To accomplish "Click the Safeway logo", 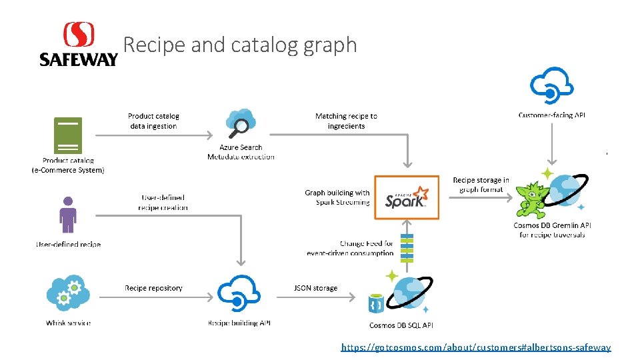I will (78, 45).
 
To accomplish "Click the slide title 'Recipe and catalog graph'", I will (241, 45).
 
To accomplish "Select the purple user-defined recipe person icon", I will (68, 215).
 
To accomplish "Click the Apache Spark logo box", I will (407, 197).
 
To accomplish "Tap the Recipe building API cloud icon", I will (239, 293).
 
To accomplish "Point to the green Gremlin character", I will (537, 193).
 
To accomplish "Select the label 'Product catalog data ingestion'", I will (154, 121).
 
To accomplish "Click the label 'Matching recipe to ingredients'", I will (346, 121).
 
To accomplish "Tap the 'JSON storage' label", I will (315, 288).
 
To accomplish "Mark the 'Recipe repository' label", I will (153, 288).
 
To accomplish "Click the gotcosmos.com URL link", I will (476, 347).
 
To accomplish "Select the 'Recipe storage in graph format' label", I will (481, 185).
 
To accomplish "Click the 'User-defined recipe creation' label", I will (163, 203).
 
